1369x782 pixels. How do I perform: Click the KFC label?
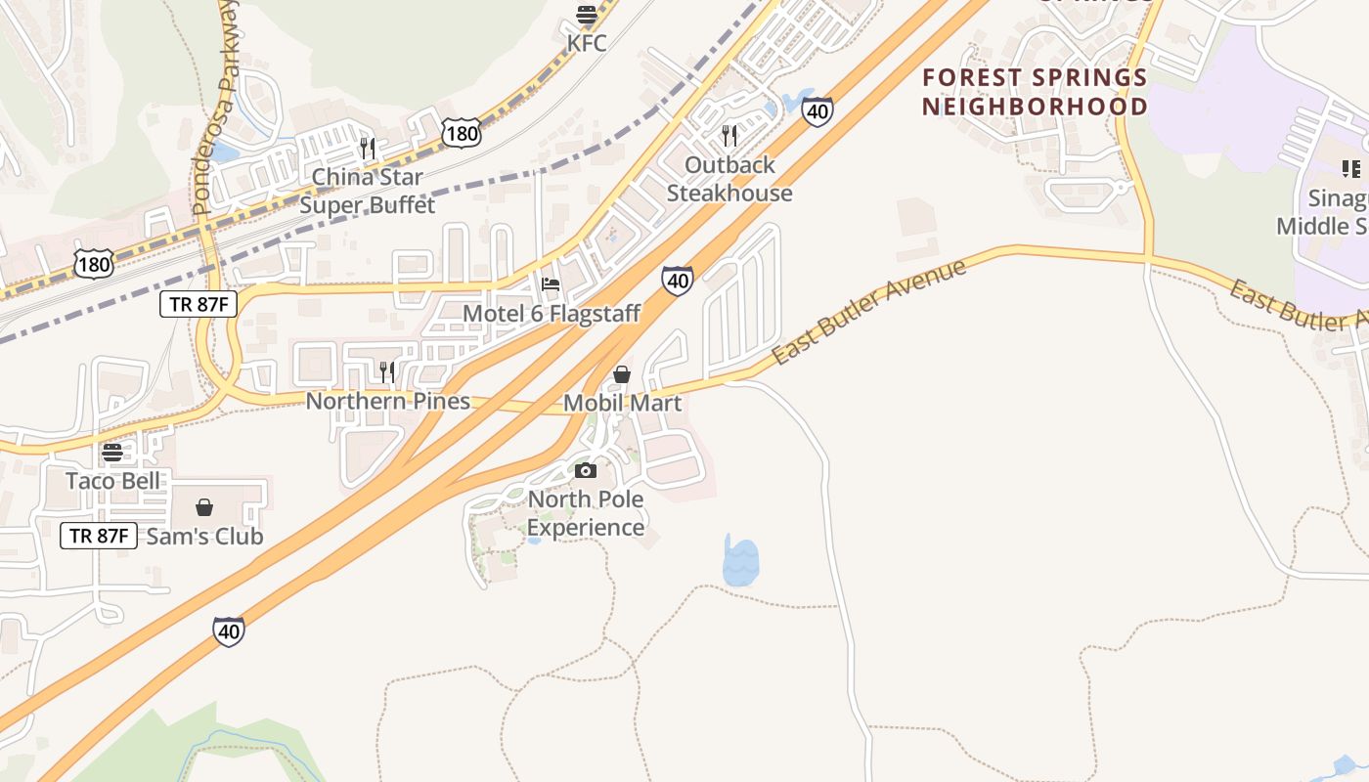(587, 43)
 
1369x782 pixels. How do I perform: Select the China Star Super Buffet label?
(367, 191)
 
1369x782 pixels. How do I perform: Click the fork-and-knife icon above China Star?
(368, 148)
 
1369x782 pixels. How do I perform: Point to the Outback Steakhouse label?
(729, 179)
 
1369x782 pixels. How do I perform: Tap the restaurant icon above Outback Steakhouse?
(729, 135)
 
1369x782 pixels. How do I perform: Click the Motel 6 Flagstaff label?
(552, 314)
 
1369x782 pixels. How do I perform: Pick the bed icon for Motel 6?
(551, 285)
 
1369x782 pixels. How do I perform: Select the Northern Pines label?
(388, 401)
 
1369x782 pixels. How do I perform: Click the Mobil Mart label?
(622, 403)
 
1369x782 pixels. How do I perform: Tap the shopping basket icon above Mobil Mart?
(621, 374)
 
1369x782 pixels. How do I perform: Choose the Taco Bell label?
(113, 481)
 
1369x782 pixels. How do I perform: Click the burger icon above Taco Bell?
(112, 453)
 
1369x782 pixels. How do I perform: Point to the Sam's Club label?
(204, 537)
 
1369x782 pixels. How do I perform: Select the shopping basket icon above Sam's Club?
(204, 507)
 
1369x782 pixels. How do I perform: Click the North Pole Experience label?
(586, 513)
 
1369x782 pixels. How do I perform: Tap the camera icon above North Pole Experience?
(586, 471)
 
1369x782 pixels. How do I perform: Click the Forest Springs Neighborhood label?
(1035, 91)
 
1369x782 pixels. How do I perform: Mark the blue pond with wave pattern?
(740, 563)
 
